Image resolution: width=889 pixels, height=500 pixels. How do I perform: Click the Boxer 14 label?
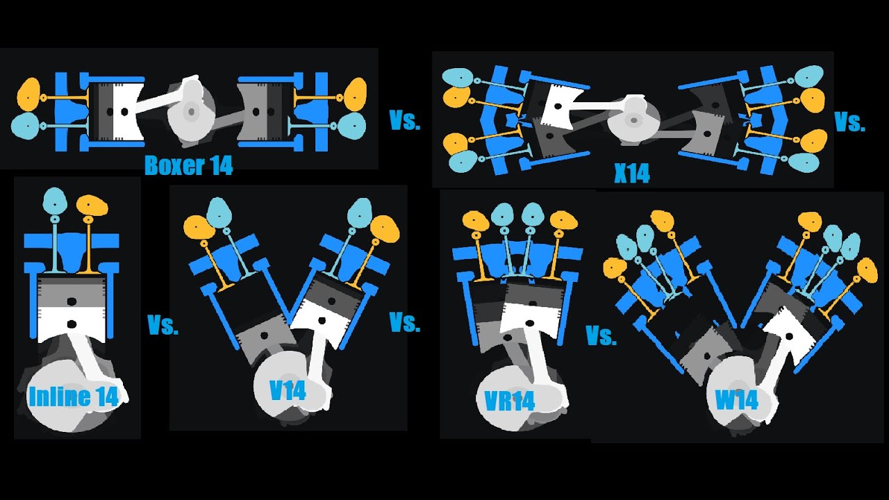point(188,166)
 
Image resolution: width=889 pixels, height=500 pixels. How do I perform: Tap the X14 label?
point(631,173)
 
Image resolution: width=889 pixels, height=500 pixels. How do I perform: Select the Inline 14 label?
point(77,397)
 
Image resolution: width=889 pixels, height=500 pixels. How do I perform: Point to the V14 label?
point(288,390)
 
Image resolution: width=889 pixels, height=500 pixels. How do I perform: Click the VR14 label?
point(510,401)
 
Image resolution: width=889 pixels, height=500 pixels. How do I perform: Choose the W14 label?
point(736,401)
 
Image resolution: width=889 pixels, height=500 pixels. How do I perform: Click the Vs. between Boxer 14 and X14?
point(405,122)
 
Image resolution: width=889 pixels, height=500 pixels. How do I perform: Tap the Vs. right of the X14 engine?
point(849,123)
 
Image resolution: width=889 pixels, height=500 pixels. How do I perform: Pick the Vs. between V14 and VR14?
point(405,323)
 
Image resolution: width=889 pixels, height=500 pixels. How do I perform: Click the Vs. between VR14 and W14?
point(601,336)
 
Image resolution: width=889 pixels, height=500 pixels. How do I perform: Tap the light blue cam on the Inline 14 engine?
point(55,201)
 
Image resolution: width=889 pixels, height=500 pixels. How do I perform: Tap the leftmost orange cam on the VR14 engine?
point(476,222)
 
